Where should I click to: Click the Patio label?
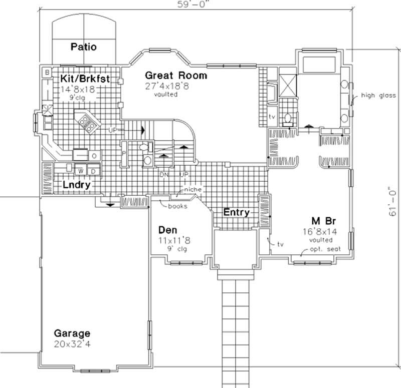[x=83, y=47]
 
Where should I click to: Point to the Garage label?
[x=72, y=333]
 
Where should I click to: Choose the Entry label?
[x=236, y=212]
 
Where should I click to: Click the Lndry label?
[x=76, y=185]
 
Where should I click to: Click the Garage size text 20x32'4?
[x=72, y=344]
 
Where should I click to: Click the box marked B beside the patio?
[x=47, y=72]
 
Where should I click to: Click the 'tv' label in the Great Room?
[x=273, y=116]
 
